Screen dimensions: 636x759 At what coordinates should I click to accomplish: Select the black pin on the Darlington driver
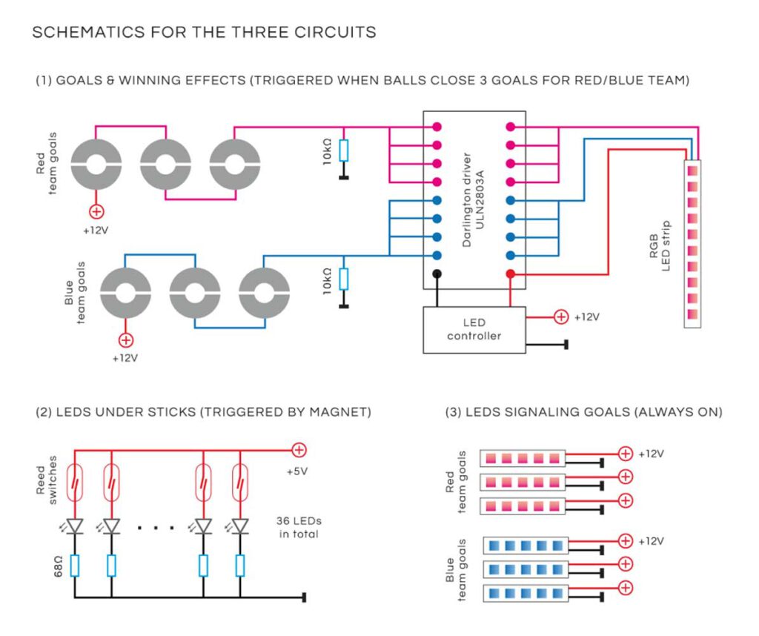[x=437, y=274]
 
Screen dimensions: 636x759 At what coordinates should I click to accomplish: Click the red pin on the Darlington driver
[x=510, y=274]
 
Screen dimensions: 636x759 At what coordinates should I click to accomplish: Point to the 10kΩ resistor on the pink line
[x=343, y=150]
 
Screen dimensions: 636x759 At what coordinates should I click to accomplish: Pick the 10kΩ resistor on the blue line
[x=343, y=279]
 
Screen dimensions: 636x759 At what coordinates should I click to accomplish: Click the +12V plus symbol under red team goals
[x=95, y=212]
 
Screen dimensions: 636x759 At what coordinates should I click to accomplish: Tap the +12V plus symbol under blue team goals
[x=126, y=340]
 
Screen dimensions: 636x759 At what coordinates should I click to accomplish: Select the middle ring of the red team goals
[x=165, y=164]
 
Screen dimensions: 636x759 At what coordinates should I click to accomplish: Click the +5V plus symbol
[x=299, y=449]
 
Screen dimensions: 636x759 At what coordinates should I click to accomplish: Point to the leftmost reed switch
[x=75, y=483]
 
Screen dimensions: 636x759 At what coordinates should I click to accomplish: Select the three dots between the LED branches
[x=156, y=528]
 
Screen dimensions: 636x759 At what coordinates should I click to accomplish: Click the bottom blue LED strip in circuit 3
[x=526, y=594]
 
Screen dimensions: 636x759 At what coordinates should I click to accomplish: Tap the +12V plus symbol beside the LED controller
[x=561, y=317]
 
